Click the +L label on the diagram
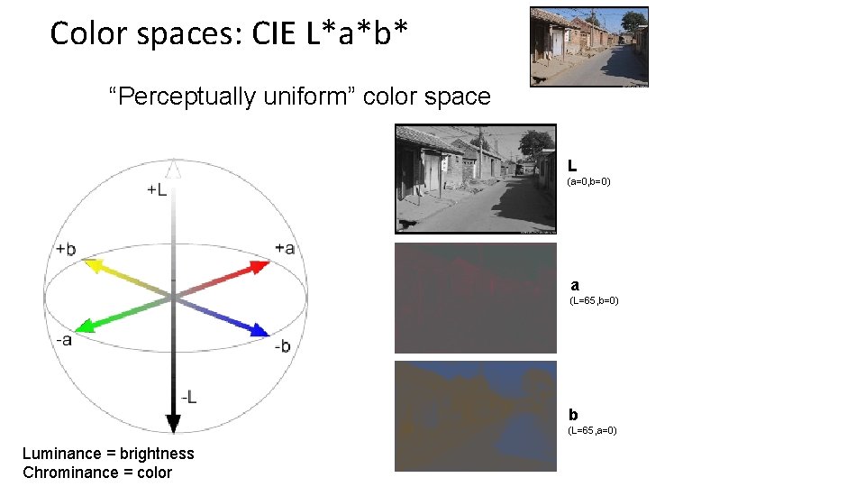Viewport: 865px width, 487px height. tap(156, 190)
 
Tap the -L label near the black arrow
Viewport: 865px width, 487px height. tap(189, 397)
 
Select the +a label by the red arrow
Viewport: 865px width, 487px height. tap(285, 248)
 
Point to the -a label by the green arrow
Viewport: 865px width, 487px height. tap(63, 339)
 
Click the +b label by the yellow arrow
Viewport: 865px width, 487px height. tap(65, 249)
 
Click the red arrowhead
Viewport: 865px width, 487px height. tap(260, 266)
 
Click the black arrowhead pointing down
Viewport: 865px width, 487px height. tap(174, 422)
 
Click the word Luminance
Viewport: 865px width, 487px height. tap(59, 454)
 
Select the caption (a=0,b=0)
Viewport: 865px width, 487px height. tap(589, 182)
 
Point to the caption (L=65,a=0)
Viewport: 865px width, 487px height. tap(592, 431)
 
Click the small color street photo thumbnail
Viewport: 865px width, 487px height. tap(588, 46)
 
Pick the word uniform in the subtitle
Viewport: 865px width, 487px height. tap(309, 96)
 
